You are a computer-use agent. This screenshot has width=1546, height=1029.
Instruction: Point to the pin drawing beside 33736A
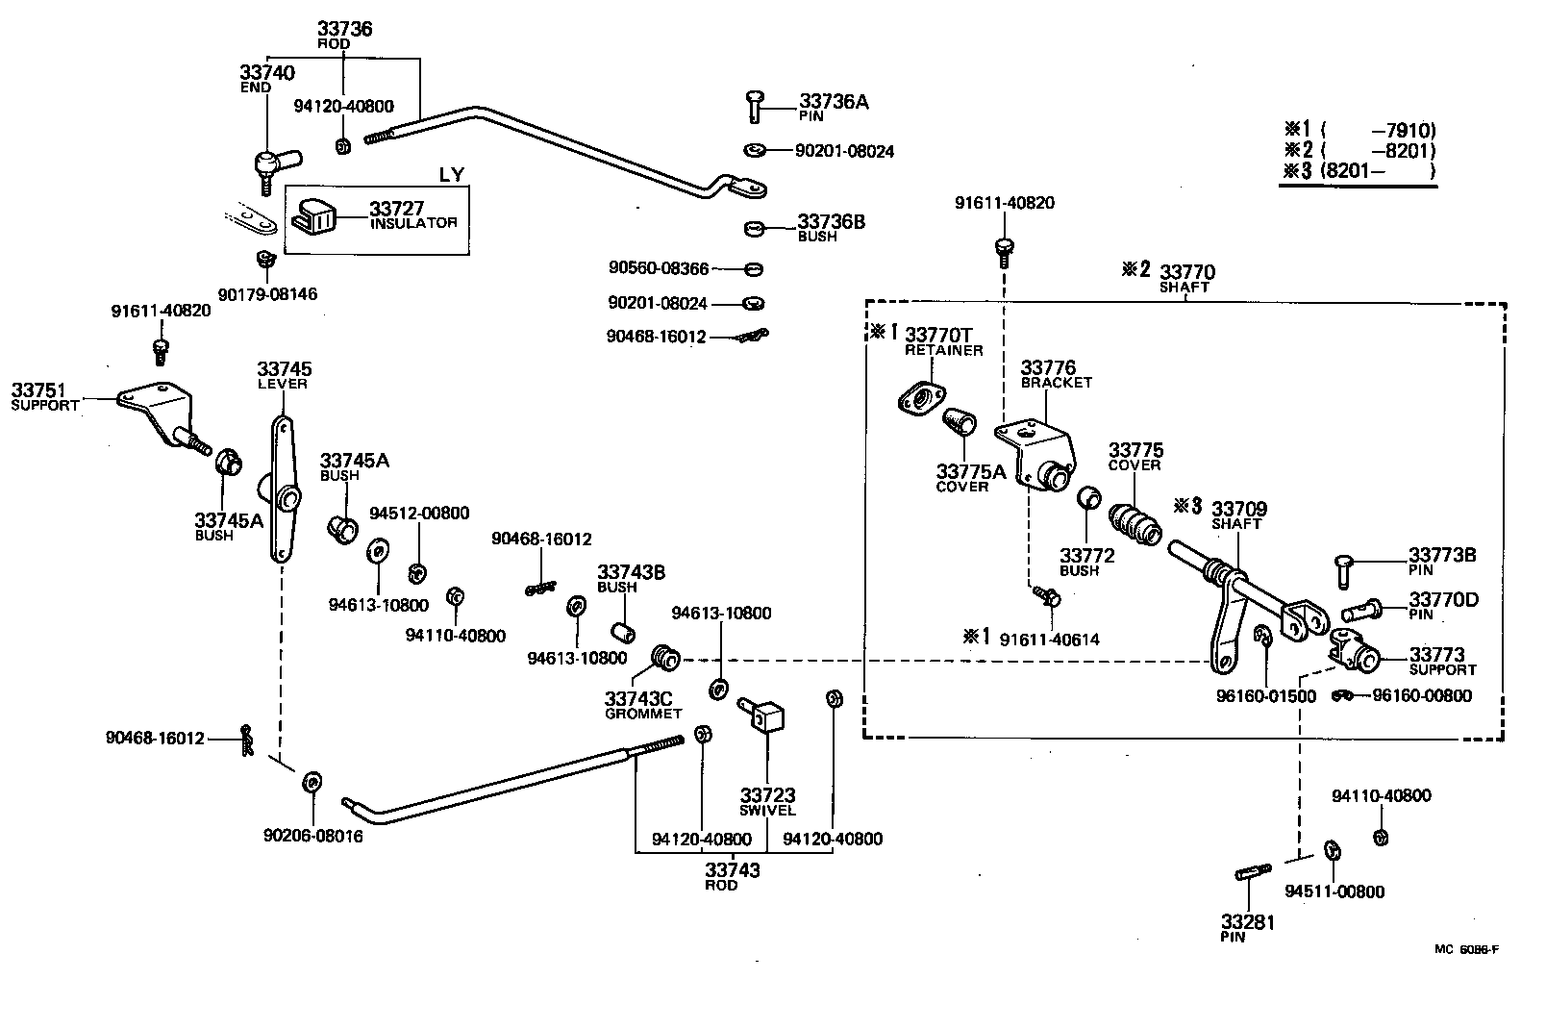click(754, 105)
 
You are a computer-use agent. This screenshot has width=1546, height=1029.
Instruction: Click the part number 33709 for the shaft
click(1238, 509)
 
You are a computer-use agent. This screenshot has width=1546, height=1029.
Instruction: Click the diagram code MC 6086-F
click(1466, 949)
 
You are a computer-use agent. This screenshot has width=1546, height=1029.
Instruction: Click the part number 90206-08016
click(312, 836)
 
